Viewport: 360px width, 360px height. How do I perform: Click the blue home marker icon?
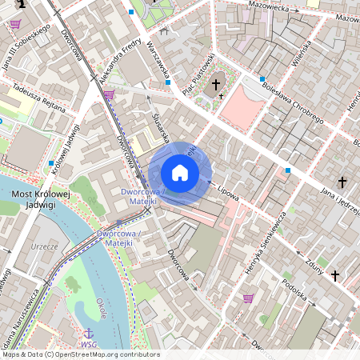point(180,173)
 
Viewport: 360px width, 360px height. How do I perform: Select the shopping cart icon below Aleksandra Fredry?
point(108,94)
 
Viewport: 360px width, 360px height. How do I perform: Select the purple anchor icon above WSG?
point(89,332)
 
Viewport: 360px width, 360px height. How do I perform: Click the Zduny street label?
point(312,264)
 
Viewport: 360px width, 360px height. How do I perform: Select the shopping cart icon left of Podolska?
point(248,298)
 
